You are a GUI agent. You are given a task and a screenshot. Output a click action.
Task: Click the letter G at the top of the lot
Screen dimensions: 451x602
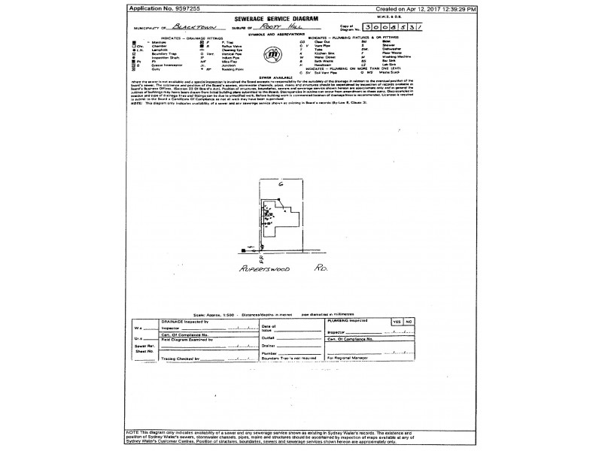pos(280,183)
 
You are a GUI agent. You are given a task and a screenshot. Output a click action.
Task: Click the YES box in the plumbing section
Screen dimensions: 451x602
pos(396,321)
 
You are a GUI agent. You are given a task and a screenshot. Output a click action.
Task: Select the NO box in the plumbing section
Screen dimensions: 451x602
pos(409,321)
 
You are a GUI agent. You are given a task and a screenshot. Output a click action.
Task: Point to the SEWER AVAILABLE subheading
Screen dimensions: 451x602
pos(270,77)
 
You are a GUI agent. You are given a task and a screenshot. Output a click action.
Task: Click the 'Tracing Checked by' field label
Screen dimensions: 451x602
pos(180,359)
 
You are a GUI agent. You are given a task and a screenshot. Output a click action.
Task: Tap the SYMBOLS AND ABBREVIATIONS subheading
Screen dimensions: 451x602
pos(270,33)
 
